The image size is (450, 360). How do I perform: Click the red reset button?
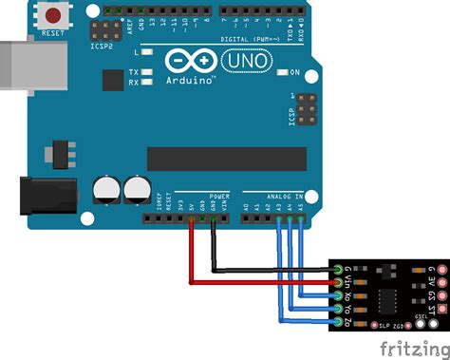point(57,16)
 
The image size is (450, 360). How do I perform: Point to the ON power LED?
point(282,73)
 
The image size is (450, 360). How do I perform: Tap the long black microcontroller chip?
point(226,159)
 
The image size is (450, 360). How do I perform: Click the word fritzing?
point(410,348)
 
